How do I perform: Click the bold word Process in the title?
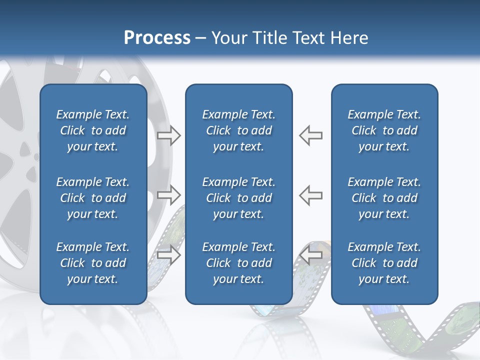click(x=157, y=37)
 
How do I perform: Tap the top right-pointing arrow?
click(x=169, y=135)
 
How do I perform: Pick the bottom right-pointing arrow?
click(x=169, y=254)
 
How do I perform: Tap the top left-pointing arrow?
click(x=311, y=135)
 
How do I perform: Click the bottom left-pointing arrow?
click(x=311, y=254)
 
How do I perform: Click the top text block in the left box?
click(x=93, y=130)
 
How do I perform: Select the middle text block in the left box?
click(x=93, y=198)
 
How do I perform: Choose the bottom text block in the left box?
click(x=93, y=263)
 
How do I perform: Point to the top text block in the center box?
click(x=238, y=130)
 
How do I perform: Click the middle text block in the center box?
click(x=238, y=198)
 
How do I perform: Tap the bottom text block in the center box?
click(x=238, y=263)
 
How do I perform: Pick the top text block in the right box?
click(x=384, y=130)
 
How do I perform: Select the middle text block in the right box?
click(x=384, y=198)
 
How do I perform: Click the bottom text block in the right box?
click(x=384, y=263)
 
